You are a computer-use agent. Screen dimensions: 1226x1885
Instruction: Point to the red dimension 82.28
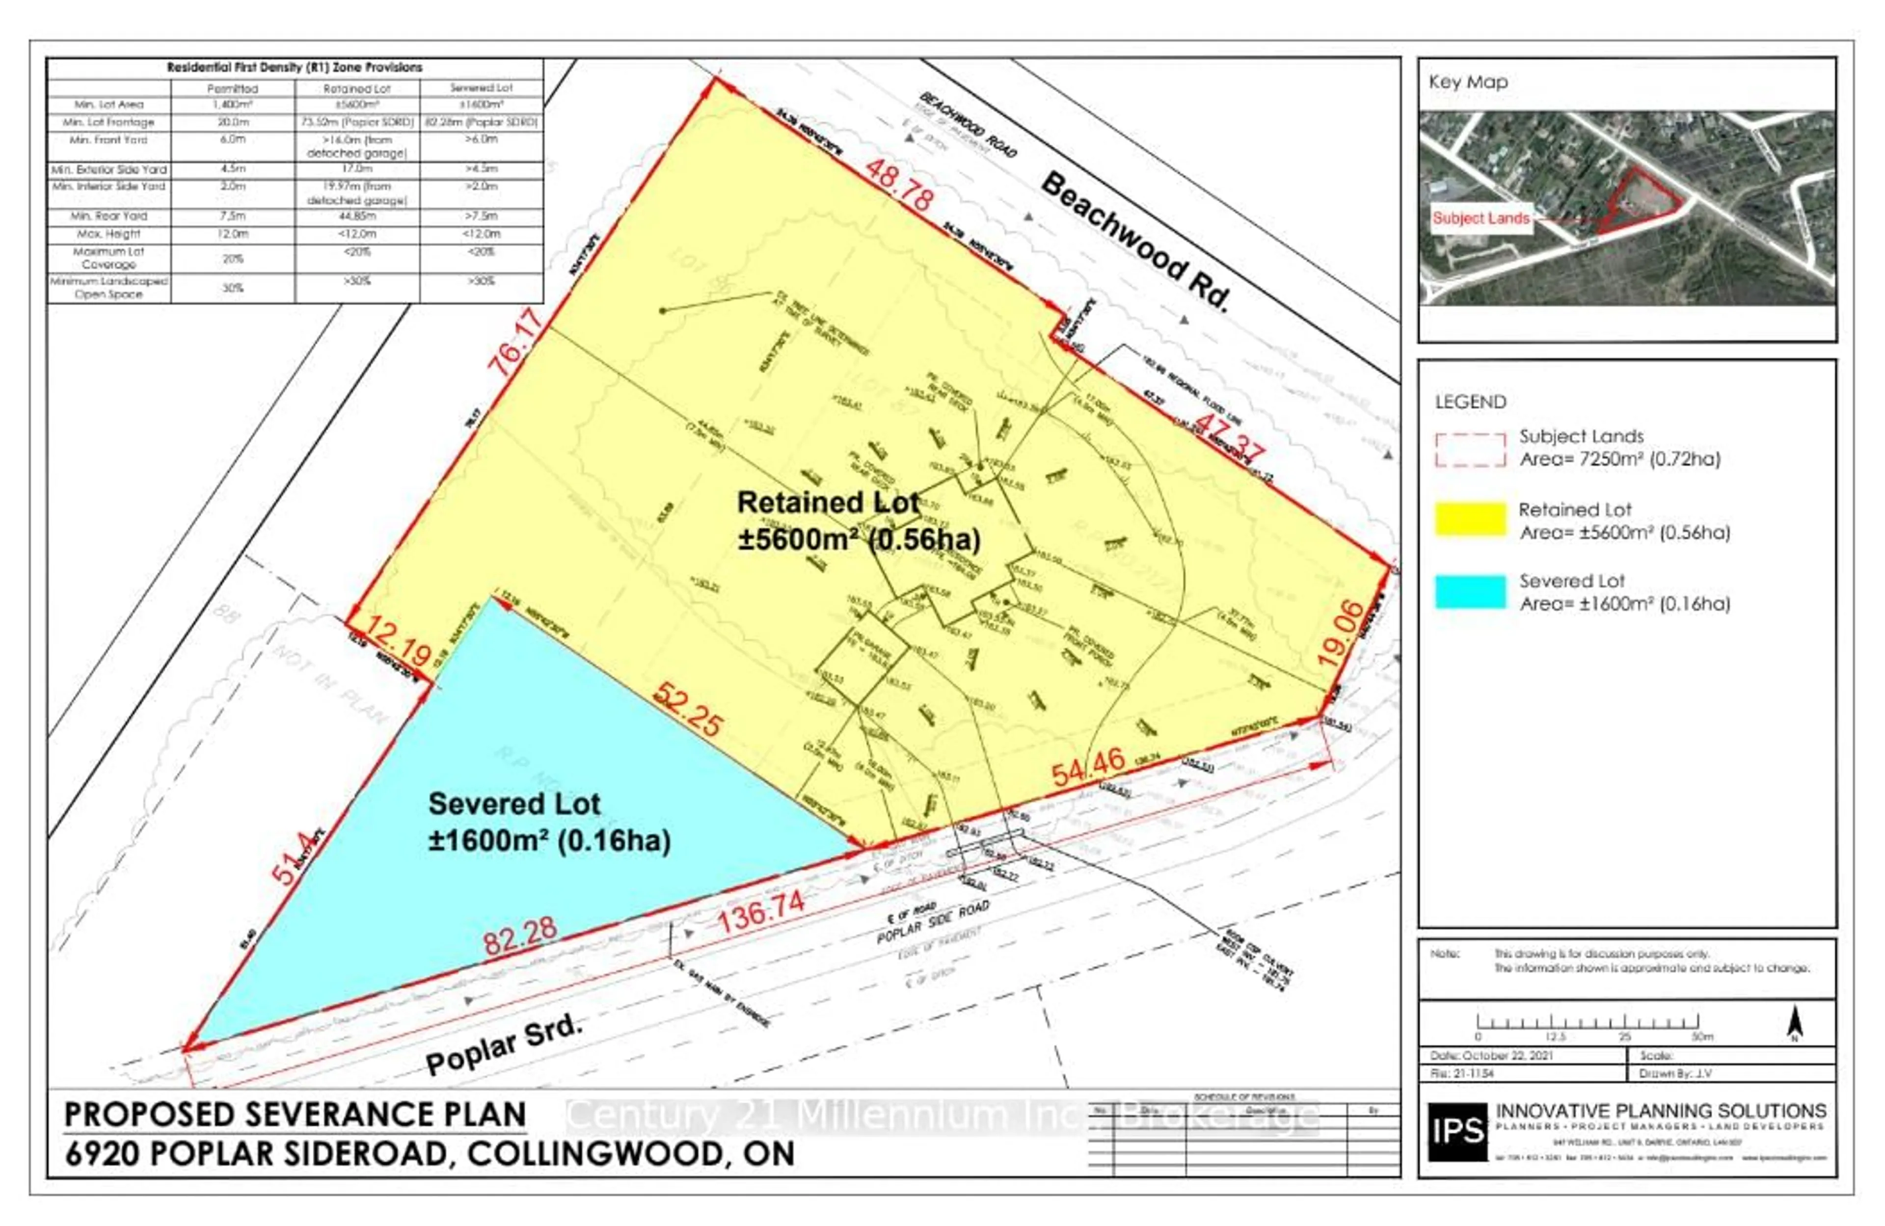pos(520,937)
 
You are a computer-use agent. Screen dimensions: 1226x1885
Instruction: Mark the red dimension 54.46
pos(1088,765)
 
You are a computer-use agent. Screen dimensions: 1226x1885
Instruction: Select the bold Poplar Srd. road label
pos(504,1044)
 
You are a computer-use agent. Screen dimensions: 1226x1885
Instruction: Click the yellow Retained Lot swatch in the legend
pos(1470,519)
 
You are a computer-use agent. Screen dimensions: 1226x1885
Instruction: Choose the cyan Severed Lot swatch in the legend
pos(1470,591)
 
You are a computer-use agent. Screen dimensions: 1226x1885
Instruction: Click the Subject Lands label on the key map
pos(1481,218)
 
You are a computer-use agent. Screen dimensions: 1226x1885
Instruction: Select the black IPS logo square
pos(1457,1132)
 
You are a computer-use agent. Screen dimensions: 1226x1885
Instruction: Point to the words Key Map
pos(1468,81)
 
